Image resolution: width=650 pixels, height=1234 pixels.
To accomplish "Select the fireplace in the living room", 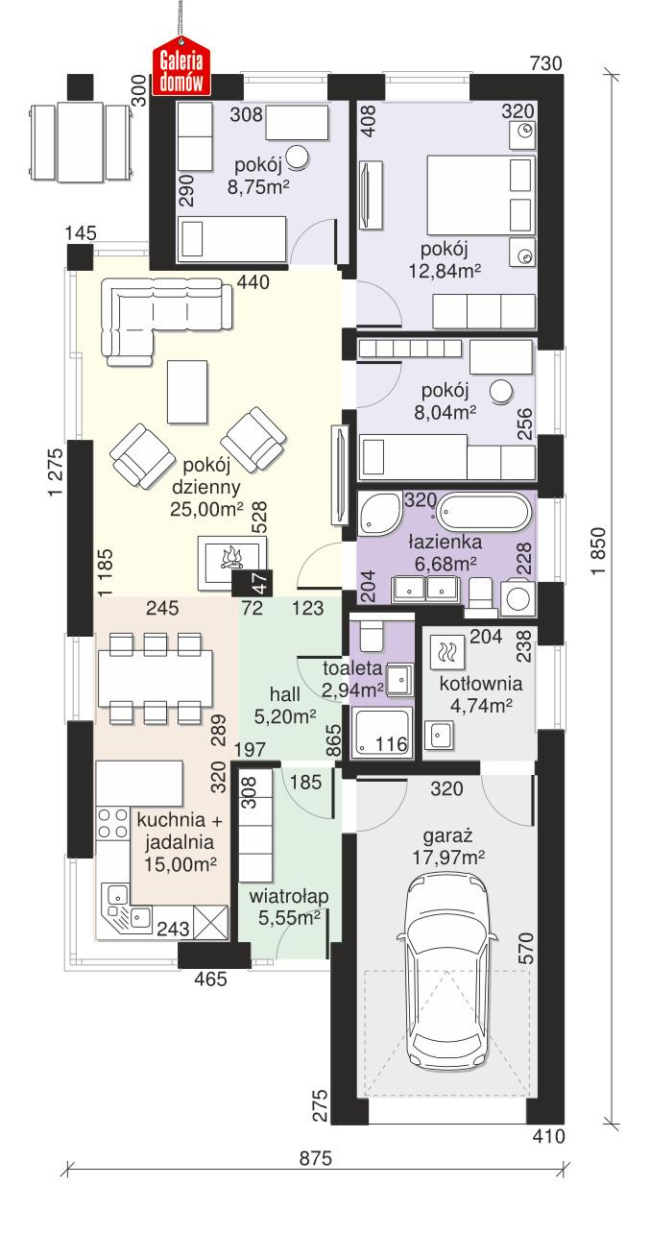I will pos(230,561).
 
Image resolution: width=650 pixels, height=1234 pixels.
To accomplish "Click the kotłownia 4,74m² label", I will pos(480,695).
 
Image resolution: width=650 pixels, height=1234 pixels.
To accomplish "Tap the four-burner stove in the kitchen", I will pos(113,824).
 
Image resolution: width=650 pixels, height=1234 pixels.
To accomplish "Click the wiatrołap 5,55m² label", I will pos(289,907).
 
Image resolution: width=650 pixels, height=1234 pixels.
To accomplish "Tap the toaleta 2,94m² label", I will pos(353,678).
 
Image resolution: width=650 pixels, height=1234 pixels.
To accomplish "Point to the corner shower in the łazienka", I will pos(379,516).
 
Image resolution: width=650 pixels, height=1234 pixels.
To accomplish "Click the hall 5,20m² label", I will pos(285,704).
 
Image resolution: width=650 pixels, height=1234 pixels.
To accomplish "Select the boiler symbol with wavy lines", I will pos(447,653).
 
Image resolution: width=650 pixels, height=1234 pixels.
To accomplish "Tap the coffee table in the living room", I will pos(186,391).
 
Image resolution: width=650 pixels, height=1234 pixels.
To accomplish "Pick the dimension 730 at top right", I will pos(544,63).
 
